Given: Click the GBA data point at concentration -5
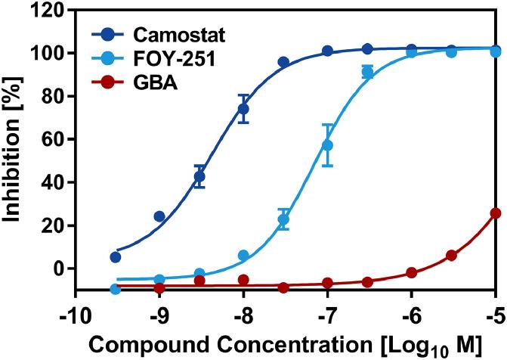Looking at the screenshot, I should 496,213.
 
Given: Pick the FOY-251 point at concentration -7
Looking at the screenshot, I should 327,145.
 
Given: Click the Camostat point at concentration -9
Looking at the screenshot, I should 159,216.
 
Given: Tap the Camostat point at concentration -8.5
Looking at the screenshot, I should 200,176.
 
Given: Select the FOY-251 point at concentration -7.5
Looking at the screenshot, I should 284,220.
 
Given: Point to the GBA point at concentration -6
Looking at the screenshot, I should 412,272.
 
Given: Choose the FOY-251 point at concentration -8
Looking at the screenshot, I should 243,256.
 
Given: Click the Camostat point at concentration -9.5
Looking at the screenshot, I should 116,257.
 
